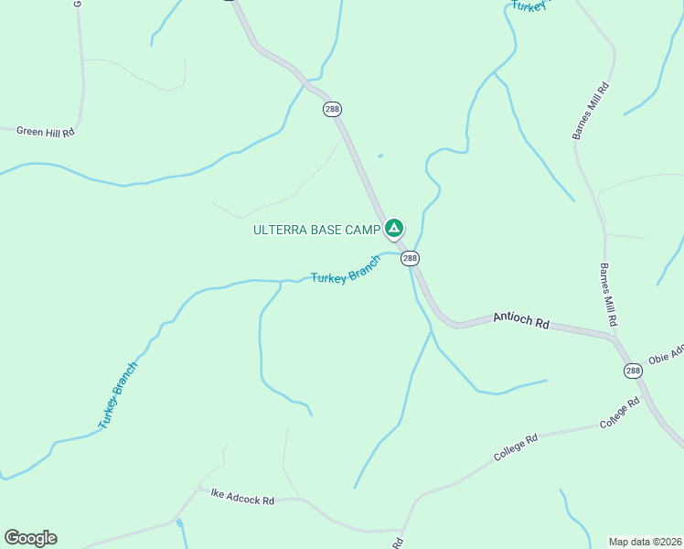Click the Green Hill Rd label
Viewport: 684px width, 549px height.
(45, 132)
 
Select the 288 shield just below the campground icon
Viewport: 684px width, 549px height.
(410, 259)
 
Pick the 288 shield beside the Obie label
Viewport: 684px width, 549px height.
(633, 371)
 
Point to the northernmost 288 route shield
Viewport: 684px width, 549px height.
(332, 109)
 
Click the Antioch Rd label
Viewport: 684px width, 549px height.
(521, 321)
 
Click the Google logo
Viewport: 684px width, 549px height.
(30, 538)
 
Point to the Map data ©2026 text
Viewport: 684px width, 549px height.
(646, 542)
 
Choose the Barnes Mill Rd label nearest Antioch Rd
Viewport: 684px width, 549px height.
(608, 296)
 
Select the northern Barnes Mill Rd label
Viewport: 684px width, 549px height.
(590, 111)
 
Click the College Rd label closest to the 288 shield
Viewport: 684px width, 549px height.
(620, 414)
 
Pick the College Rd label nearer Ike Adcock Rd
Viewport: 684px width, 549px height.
(516, 447)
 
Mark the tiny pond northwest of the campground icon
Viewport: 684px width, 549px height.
(380, 156)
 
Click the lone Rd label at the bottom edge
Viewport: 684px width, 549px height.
(399, 543)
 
